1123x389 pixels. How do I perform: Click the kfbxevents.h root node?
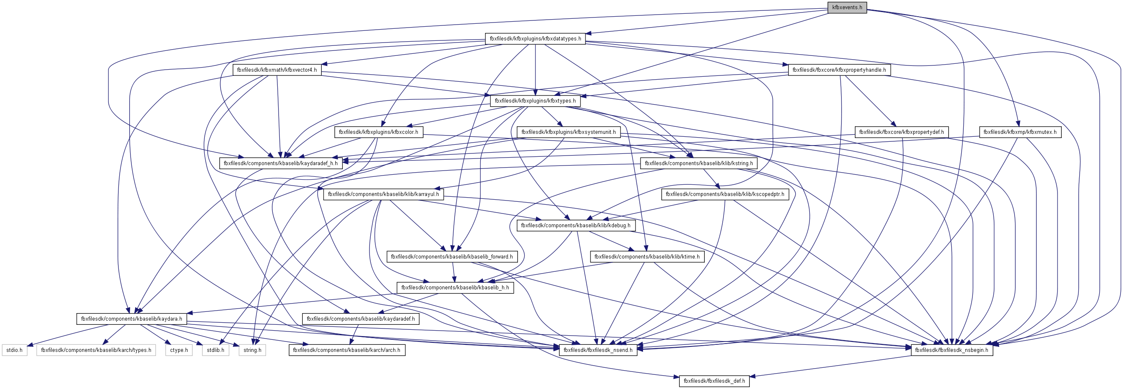click(x=847, y=8)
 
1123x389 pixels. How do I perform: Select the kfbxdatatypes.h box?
click(x=535, y=39)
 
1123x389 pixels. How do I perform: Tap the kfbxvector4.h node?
click(x=277, y=70)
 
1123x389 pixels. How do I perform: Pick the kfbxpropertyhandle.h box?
click(x=839, y=70)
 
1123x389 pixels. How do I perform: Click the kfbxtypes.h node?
click(x=535, y=101)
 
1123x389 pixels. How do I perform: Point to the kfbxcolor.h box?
click(x=378, y=132)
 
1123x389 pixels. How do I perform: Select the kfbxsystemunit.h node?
click(x=568, y=132)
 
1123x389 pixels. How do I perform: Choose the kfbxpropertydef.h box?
click(x=902, y=132)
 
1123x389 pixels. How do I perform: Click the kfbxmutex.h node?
click(x=1020, y=132)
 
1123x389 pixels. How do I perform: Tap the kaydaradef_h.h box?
click(x=281, y=163)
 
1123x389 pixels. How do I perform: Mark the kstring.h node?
click(x=699, y=163)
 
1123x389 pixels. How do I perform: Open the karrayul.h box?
click(x=383, y=194)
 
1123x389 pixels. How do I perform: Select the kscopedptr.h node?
click(x=725, y=194)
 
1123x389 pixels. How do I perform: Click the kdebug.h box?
click(x=576, y=226)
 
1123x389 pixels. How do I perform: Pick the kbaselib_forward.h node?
click(x=452, y=257)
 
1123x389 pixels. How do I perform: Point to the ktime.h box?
click(x=647, y=257)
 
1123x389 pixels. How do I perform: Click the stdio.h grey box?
click(x=14, y=350)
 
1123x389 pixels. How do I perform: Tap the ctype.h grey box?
click(x=179, y=350)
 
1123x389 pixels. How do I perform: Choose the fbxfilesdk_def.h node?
click(x=714, y=381)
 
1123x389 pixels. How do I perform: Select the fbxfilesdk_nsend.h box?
click(x=598, y=350)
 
